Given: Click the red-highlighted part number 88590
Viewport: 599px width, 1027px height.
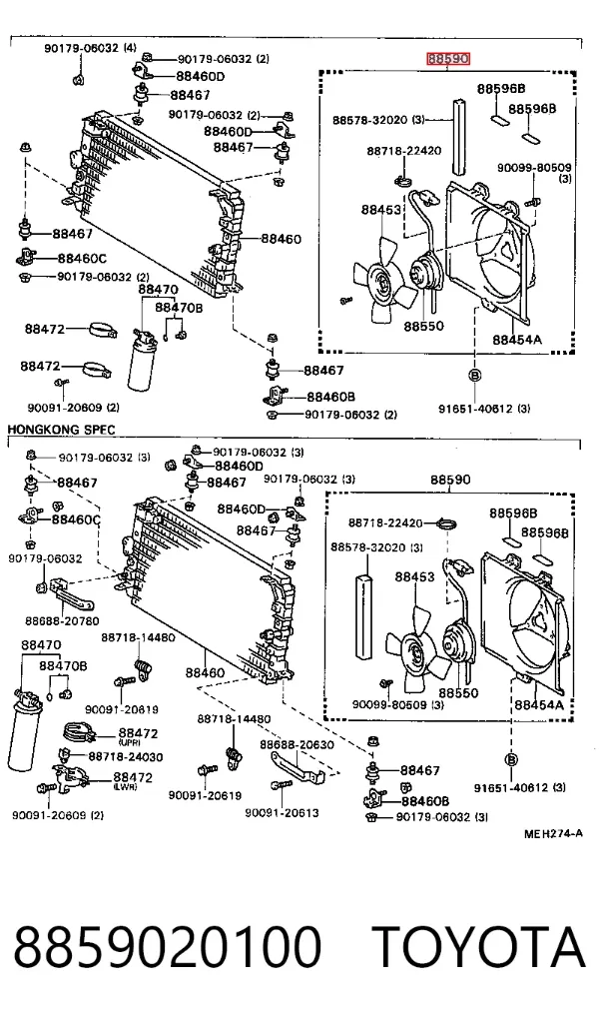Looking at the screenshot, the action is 448,59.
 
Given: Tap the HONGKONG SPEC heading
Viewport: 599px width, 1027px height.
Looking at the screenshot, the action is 61,430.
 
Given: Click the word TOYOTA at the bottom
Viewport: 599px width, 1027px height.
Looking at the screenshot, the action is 478,947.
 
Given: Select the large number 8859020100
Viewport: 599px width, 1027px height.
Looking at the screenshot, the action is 168,947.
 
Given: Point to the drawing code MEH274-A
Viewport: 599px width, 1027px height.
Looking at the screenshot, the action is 553,834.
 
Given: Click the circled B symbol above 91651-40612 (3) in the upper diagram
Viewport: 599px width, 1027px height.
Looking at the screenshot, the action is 475,376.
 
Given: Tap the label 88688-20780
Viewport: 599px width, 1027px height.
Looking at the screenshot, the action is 63,621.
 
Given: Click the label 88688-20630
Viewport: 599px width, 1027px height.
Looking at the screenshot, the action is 297,744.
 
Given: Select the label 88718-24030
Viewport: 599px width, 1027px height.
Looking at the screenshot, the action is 126,757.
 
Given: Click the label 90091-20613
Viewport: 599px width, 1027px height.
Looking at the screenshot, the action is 283,813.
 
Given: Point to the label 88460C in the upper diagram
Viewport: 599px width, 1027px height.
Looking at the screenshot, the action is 82,258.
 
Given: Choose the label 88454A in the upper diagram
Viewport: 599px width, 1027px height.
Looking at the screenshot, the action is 517,340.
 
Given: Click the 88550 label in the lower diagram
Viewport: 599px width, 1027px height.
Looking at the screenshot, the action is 458,692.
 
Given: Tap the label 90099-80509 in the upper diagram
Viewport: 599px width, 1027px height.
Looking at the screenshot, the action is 534,168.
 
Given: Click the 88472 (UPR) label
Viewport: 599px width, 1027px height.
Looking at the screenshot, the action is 138,736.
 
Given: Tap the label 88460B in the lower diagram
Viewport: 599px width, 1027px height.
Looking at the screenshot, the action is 425,800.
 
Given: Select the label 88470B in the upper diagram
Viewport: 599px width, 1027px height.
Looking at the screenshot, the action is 179,307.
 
